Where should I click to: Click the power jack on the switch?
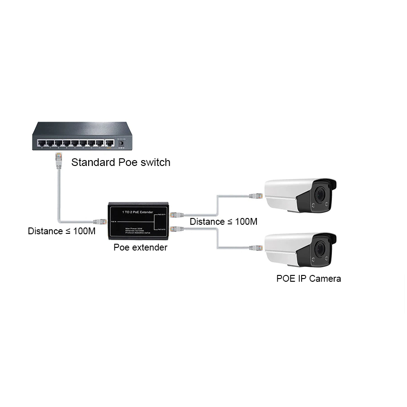click(x=121, y=143)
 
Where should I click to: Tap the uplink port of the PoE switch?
click(x=109, y=143)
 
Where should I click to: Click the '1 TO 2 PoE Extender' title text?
click(x=138, y=212)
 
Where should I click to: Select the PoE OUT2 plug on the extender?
click(x=176, y=229)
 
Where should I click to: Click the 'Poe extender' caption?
click(x=140, y=247)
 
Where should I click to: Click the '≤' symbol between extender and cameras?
click(x=230, y=222)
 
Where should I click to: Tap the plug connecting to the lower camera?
click(x=256, y=248)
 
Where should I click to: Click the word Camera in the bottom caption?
click(x=325, y=279)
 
